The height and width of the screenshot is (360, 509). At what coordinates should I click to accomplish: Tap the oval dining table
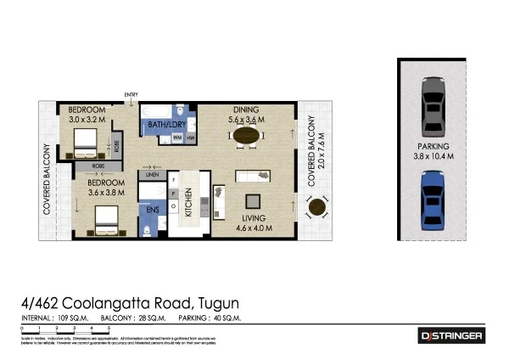tap(247, 137)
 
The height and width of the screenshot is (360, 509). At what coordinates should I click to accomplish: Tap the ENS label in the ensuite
tap(154, 209)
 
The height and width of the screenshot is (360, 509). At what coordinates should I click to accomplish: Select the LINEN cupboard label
tap(154, 176)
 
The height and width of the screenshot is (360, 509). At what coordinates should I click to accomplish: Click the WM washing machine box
tap(177, 138)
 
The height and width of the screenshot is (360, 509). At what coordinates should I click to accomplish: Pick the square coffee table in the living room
tap(253, 200)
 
